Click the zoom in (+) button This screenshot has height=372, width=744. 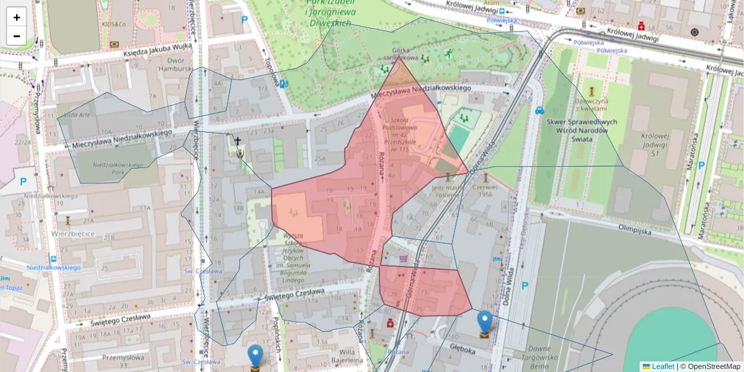tap(17, 17)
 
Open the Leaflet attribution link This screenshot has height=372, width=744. tap(662, 366)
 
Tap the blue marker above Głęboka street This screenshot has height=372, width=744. tap(485, 323)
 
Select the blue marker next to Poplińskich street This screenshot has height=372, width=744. tap(255, 357)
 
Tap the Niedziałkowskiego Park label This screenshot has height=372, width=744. tap(118, 165)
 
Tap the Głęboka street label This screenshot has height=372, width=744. tap(462, 350)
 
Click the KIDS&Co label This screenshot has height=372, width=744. tap(115, 24)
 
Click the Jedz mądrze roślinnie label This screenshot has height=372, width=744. tap(448, 190)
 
